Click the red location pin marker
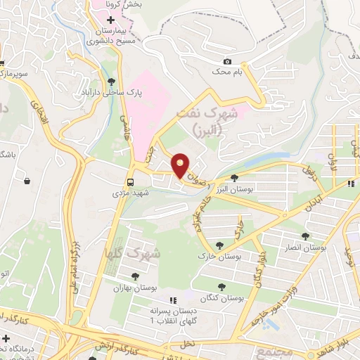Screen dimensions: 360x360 coord(181,165)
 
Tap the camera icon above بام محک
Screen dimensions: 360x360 coord(226,62)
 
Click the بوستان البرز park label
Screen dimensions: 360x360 coord(233,189)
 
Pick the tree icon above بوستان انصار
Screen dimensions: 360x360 coord(304,237)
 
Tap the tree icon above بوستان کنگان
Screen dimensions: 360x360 coord(222,286)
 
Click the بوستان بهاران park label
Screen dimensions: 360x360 coord(134,287)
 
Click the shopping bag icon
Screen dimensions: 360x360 coord(27,181)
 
